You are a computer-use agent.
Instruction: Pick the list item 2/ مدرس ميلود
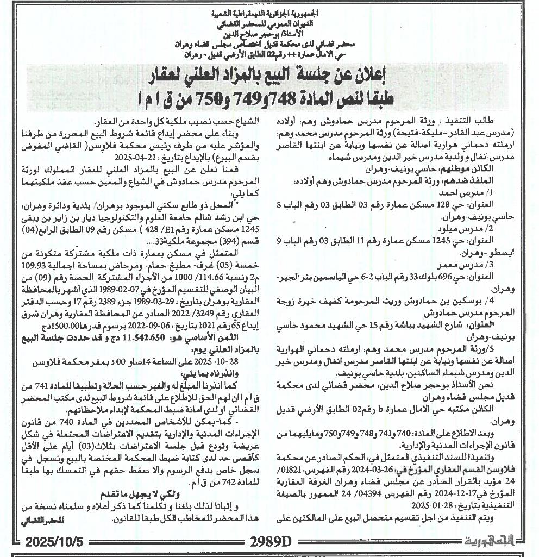click(x=473, y=229)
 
